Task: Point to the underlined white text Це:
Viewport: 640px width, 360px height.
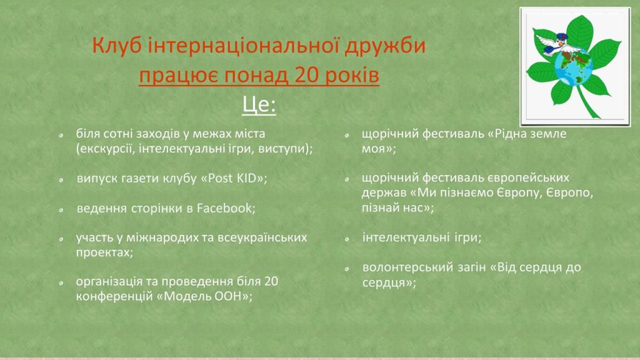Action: click(259, 104)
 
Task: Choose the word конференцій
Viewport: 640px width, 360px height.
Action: click(114, 296)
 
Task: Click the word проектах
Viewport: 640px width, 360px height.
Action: click(104, 252)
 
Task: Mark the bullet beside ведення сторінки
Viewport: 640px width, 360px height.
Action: click(61, 210)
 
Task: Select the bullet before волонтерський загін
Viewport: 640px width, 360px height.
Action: click(347, 269)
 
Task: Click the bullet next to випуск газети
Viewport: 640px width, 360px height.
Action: click(61, 179)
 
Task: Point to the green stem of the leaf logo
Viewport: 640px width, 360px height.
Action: click(587, 101)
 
